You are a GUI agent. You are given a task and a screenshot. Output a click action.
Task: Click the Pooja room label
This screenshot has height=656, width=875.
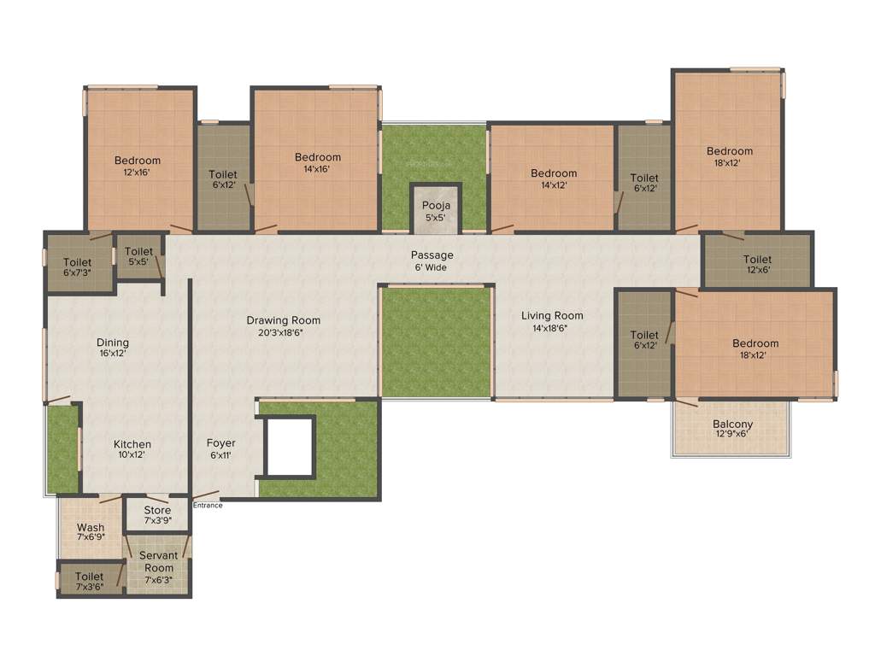click(x=436, y=206)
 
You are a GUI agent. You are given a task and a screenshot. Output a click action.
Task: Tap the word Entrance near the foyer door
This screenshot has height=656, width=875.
click(x=208, y=505)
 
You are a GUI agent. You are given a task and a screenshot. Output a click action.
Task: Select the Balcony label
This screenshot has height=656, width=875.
click(x=732, y=425)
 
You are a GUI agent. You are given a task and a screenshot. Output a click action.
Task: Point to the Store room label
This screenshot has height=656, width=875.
click(x=157, y=510)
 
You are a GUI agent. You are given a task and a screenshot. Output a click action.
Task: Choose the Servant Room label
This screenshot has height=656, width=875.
click(x=158, y=561)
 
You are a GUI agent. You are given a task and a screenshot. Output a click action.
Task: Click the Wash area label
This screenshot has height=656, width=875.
click(x=91, y=528)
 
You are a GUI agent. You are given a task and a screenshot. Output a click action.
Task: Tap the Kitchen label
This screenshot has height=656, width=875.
click(x=132, y=444)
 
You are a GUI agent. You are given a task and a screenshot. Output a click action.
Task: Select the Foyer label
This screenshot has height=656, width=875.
click(x=220, y=443)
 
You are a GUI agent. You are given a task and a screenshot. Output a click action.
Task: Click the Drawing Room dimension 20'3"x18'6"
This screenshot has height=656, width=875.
click(x=283, y=332)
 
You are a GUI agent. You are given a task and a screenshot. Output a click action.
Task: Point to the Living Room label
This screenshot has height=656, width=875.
click(x=552, y=315)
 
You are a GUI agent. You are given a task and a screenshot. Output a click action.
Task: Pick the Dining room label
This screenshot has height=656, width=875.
click(x=114, y=343)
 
